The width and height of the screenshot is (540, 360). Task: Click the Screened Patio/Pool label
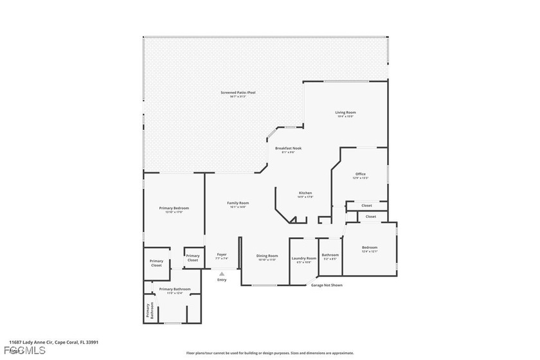[238, 93]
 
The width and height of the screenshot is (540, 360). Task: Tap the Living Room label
[345, 113]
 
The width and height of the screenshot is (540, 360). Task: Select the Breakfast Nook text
[288, 148]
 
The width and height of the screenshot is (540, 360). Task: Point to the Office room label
[360, 174]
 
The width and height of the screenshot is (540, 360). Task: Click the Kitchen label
[305, 194]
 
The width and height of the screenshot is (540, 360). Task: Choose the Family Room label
[237, 204]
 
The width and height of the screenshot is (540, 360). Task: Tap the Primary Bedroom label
[174, 208]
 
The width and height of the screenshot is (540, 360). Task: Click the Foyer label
[221, 255]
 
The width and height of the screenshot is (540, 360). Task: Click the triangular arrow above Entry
[222, 273]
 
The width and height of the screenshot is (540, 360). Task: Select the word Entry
[222, 280]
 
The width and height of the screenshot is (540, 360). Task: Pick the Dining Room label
[267, 256]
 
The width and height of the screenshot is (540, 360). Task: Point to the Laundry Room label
[303, 258]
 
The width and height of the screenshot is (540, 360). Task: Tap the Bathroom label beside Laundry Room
[330, 255]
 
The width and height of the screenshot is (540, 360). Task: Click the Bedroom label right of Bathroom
[369, 248]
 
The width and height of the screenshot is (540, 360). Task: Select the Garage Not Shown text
[327, 285]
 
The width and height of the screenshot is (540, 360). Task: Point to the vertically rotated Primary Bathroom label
[147, 312]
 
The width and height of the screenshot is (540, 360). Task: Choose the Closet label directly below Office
[366, 206]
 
